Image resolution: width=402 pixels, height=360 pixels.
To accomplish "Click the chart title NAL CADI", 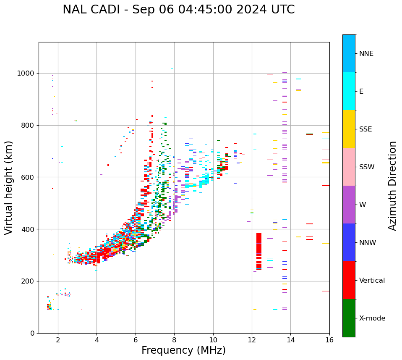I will (x=178, y=10).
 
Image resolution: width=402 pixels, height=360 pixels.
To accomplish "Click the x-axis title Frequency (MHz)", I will (x=183, y=350).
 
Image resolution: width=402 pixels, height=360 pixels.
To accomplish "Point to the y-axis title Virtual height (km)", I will (x=9, y=188).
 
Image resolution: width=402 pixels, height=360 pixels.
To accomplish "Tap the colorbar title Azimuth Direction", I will (x=392, y=186).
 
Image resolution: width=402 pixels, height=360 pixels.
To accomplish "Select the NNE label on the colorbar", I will (x=366, y=54).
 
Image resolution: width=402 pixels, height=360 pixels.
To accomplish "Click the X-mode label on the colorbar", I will (x=372, y=318).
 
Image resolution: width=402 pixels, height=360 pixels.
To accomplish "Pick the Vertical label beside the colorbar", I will (x=372, y=281).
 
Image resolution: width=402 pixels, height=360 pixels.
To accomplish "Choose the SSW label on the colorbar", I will (x=367, y=167).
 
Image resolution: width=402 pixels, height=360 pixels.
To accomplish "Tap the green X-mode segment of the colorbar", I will (x=349, y=318).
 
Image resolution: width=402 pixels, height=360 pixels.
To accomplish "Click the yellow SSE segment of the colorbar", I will (x=349, y=129).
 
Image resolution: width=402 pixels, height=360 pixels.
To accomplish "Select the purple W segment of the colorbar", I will (x=349, y=205).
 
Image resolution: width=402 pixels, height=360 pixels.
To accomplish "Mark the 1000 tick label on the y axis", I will (x=26, y=74).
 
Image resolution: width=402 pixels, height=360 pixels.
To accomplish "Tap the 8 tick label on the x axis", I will (x=174, y=340).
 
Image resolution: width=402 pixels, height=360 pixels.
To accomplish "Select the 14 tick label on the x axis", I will (x=290, y=340).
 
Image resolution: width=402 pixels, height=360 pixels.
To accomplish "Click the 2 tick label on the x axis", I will (x=58, y=340).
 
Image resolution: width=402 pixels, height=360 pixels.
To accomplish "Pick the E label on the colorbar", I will (x=361, y=92).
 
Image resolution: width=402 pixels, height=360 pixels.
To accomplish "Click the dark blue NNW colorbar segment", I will (x=349, y=242).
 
